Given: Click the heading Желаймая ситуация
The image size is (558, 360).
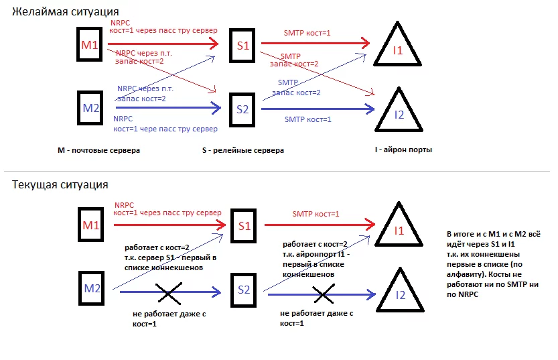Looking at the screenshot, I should [x=66, y=12].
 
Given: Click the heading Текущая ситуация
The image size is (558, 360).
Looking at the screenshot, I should [x=60, y=184].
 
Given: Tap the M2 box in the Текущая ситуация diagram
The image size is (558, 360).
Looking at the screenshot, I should [x=92, y=288].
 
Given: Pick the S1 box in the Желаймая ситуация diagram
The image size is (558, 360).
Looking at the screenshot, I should [x=242, y=46].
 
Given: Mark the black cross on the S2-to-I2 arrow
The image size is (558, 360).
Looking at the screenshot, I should [x=323, y=292].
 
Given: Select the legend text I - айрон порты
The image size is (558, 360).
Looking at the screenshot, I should [x=403, y=150].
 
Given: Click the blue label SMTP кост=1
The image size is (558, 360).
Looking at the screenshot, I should [x=307, y=119].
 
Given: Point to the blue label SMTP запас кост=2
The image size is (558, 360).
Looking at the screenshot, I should [x=299, y=88].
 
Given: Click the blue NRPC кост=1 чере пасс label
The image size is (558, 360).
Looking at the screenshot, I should [x=165, y=124].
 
